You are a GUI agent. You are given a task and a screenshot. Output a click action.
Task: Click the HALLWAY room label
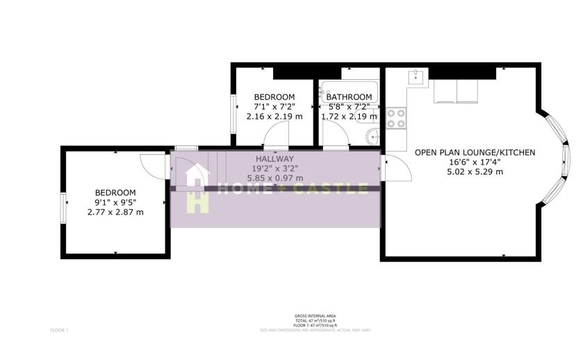pyautogui.click(x=274, y=158)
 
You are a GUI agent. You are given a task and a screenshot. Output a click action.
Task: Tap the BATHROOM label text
pyautogui.click(x=349, y=97)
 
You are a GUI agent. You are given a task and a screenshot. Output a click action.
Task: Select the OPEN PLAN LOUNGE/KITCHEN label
pyautogui.click(x=475, y=152)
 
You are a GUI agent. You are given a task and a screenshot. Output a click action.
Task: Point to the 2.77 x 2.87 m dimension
pyautogui.click(x=115, y=212)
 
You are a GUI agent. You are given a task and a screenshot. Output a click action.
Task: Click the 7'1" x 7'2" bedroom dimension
pyautogui.click(x=274, y=106)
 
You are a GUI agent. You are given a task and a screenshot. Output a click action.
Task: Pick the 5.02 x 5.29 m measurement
pyautogui.click(x=475, y=172)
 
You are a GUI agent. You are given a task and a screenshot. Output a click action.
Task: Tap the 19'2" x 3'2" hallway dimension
pyautogui.click(x=274, y=168)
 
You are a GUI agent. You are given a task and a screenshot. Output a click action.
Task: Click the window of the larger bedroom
pyautogui.click(x=63, y=207)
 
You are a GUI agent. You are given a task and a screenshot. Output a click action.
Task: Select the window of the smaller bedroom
pyautogui.click(x=234, y=111)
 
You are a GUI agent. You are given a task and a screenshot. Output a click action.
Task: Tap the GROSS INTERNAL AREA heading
pyautogui.click(x=311, y=316)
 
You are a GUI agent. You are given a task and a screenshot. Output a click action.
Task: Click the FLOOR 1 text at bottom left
pyautogui.click(x=59, y=329)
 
